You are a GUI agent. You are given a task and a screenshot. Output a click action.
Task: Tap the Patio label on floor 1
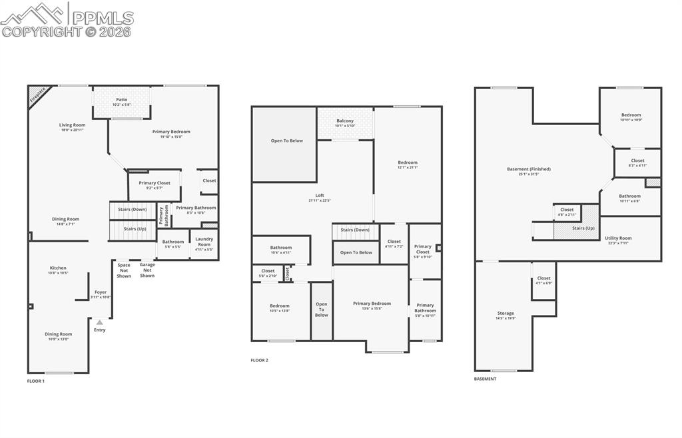pos(121,99)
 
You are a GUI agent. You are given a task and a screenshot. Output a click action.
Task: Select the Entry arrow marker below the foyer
pos(99,323)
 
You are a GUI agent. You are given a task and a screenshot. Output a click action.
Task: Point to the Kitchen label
pos(58,268)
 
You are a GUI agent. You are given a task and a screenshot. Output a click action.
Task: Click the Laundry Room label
pos(204,242)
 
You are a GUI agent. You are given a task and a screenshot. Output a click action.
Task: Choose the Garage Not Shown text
pos(147,270)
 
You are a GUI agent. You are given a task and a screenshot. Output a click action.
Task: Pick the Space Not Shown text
pos(124,270)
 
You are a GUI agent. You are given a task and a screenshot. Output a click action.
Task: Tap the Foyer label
pos(101,292)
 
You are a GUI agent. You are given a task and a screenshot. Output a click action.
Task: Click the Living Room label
pos(72,124)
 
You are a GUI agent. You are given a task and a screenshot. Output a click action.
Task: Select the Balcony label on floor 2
pos(345,120)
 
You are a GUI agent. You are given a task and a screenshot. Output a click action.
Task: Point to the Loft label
pos(320,195)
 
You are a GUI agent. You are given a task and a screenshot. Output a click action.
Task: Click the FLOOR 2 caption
pos(259,360)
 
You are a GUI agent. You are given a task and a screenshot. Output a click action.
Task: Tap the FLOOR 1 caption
pos(35,381)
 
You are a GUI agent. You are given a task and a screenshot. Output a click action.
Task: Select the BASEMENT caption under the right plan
pos(485,379)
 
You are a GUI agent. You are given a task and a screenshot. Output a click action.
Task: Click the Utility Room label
pos(618,238)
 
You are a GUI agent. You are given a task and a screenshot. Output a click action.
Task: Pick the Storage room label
pos(506,313)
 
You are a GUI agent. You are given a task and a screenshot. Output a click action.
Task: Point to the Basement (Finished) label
pos(529,169)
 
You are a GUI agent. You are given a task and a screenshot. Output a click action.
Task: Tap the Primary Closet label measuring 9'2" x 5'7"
pos(155,182)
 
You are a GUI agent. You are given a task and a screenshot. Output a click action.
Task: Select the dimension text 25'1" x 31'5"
pos(529,174)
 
